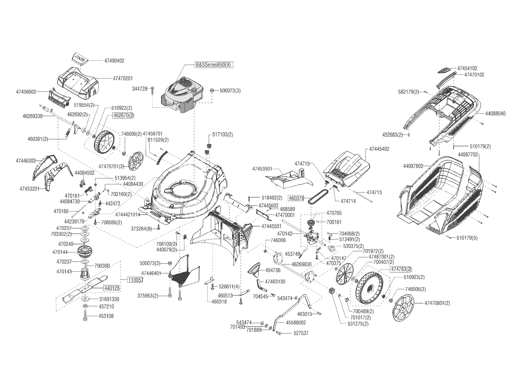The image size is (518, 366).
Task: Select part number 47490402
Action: click(114, 61)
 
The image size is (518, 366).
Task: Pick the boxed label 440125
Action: click(111, 288)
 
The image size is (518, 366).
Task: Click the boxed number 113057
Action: click(135, 280)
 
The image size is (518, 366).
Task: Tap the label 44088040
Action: click(495, 113)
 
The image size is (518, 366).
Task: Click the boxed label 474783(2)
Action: click(401, 269)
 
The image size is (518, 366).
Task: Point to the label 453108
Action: click(106, 316)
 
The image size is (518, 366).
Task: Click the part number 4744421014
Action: click(128, 215)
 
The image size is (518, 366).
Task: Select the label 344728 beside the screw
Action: click(140, 89)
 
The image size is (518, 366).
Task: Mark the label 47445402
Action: click(379, 149)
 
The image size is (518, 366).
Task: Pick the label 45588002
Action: click(296, 323)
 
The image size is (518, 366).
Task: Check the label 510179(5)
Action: click(467, 238)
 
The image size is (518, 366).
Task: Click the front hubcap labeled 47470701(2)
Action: click(136, 161)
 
